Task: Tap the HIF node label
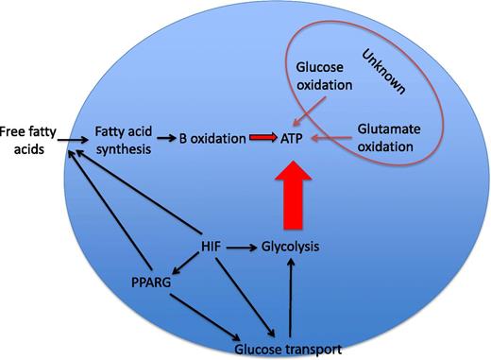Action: click(212, 247)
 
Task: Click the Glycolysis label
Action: click(288, 247)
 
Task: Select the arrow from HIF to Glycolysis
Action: click(240, 247)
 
